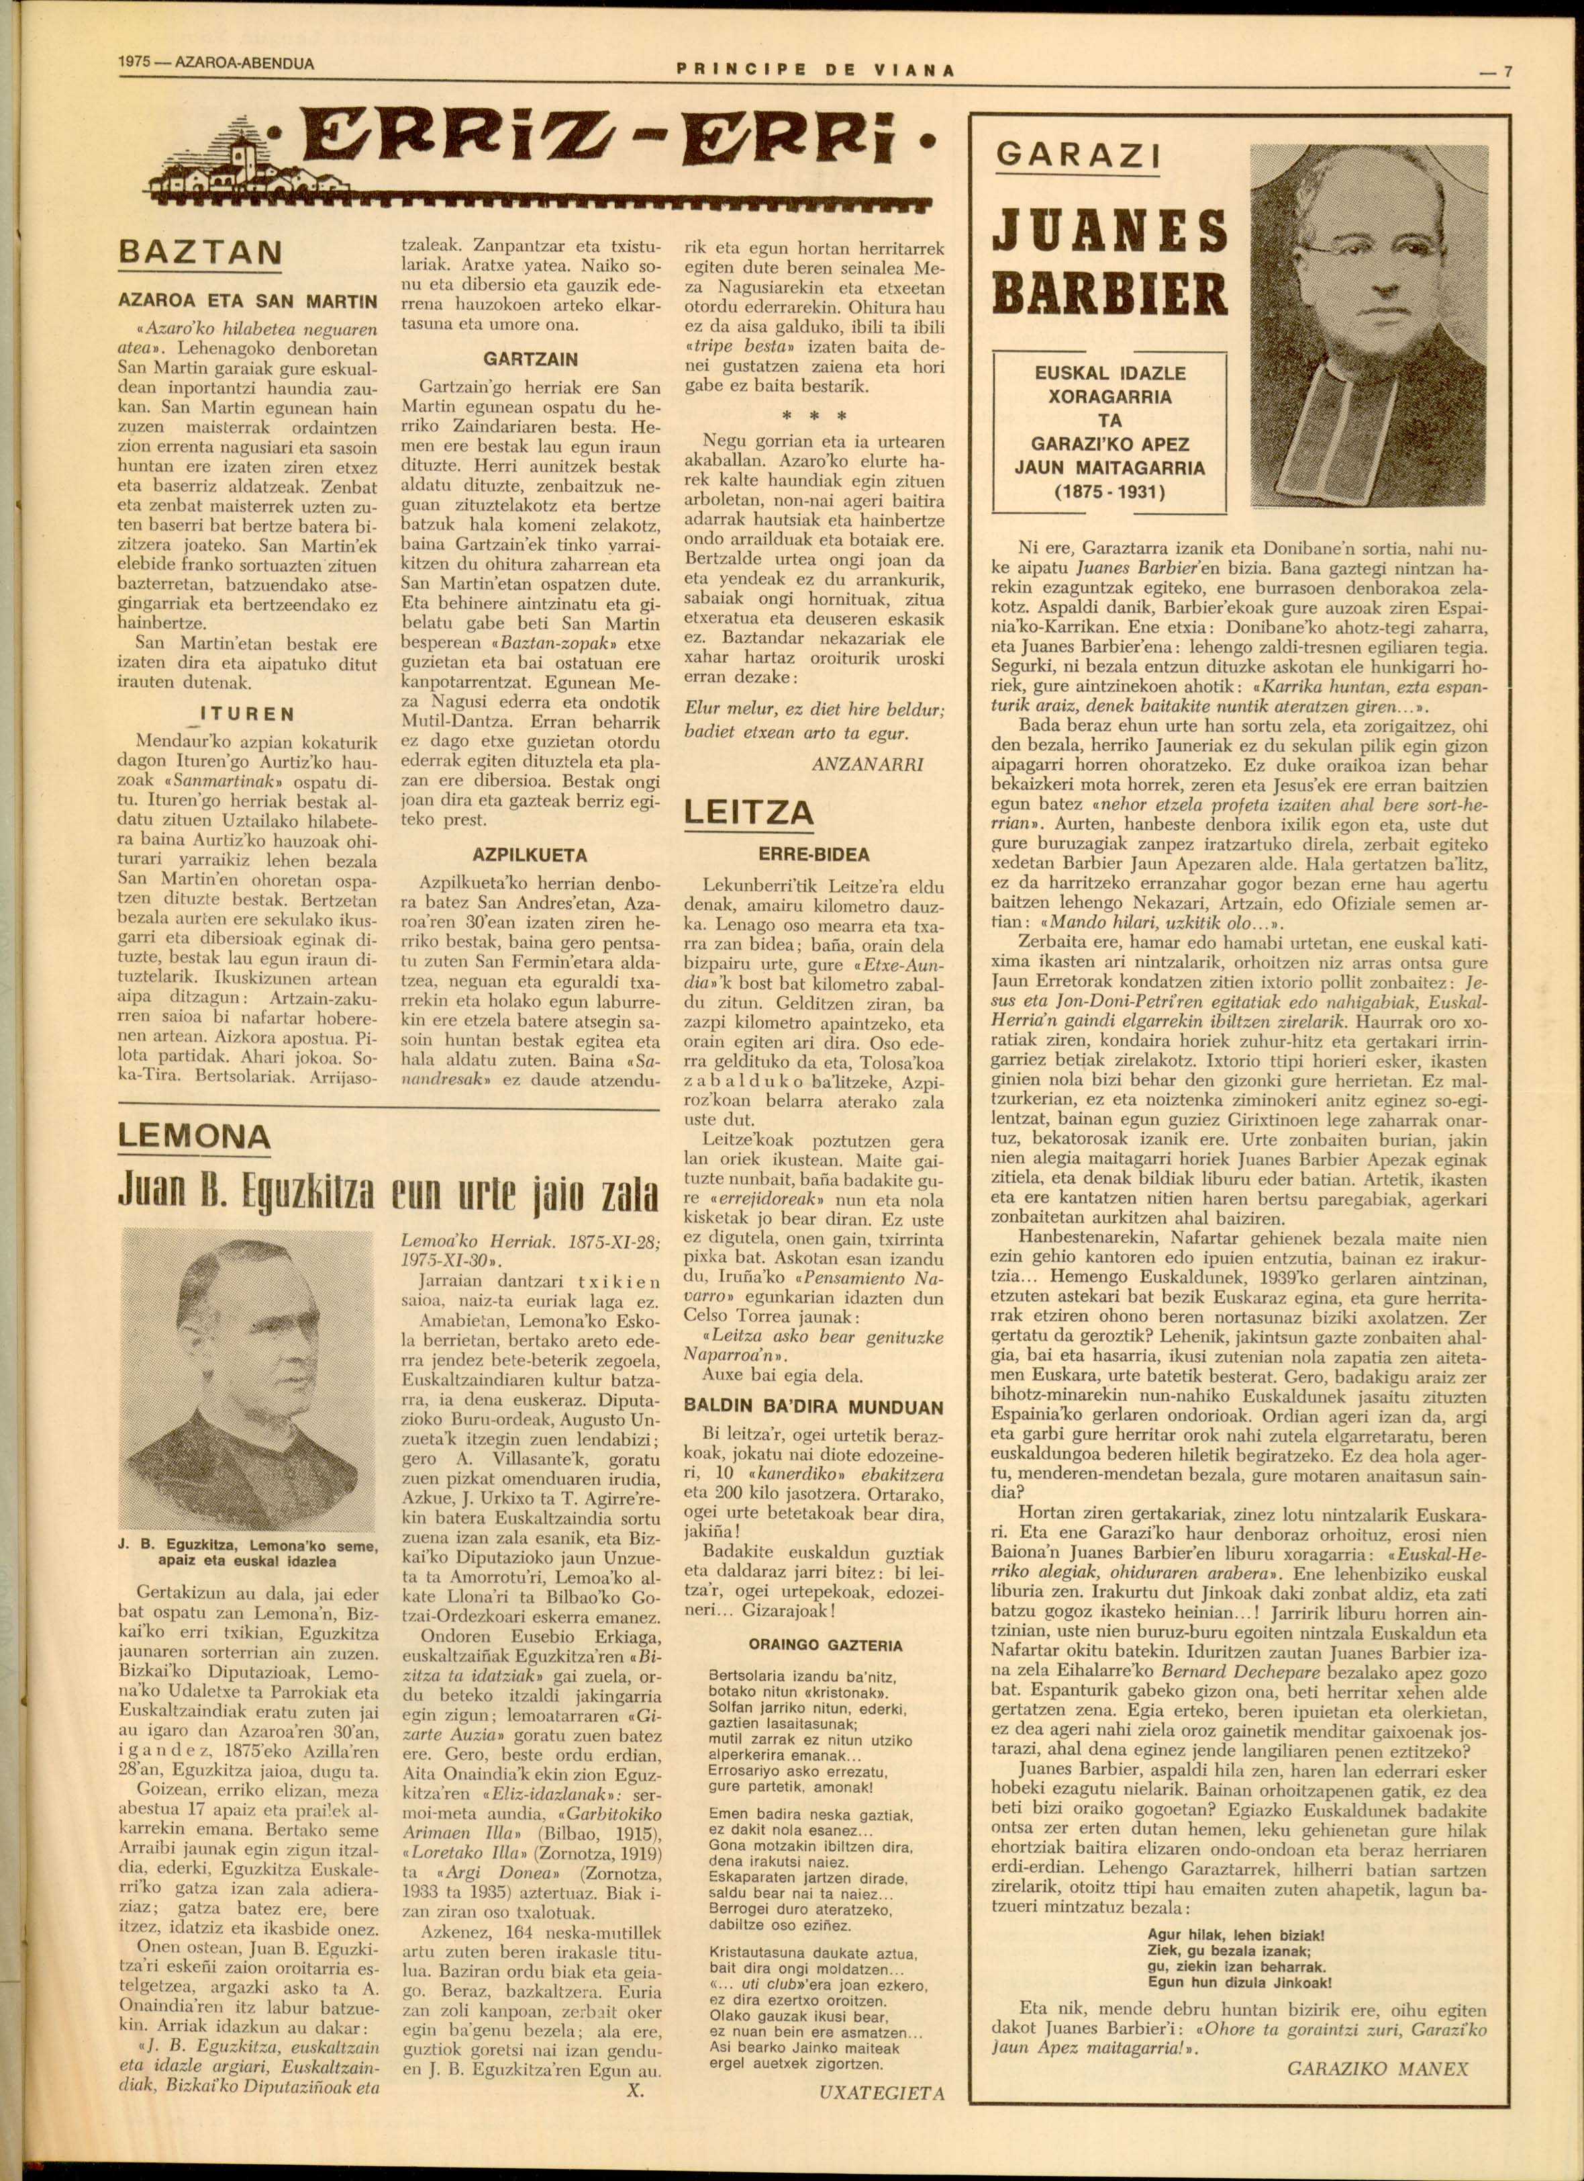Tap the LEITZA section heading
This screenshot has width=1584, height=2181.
point(748,813)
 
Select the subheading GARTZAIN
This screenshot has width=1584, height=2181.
point(530,359)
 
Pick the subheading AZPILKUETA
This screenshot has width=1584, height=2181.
point(529,855)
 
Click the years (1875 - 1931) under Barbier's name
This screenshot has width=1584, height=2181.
point(1110,493)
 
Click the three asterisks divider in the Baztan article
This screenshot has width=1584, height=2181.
point(814,416)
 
